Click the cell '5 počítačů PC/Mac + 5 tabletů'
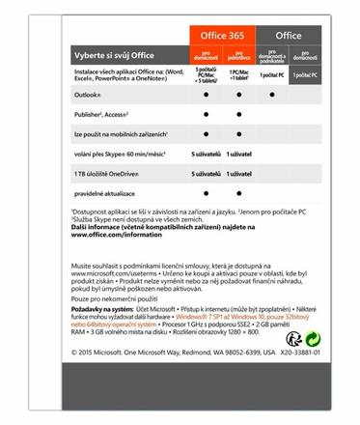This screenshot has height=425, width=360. tap(206, 76)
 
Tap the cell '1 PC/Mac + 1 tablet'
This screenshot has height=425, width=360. tap(240, 76)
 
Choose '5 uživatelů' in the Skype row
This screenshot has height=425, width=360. tap(207, 153)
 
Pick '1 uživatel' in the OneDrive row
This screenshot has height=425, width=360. tap(241, 172)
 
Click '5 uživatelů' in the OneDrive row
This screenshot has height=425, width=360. tap(207, 172)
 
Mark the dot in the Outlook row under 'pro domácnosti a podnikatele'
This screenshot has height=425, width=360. tap(272, 97)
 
